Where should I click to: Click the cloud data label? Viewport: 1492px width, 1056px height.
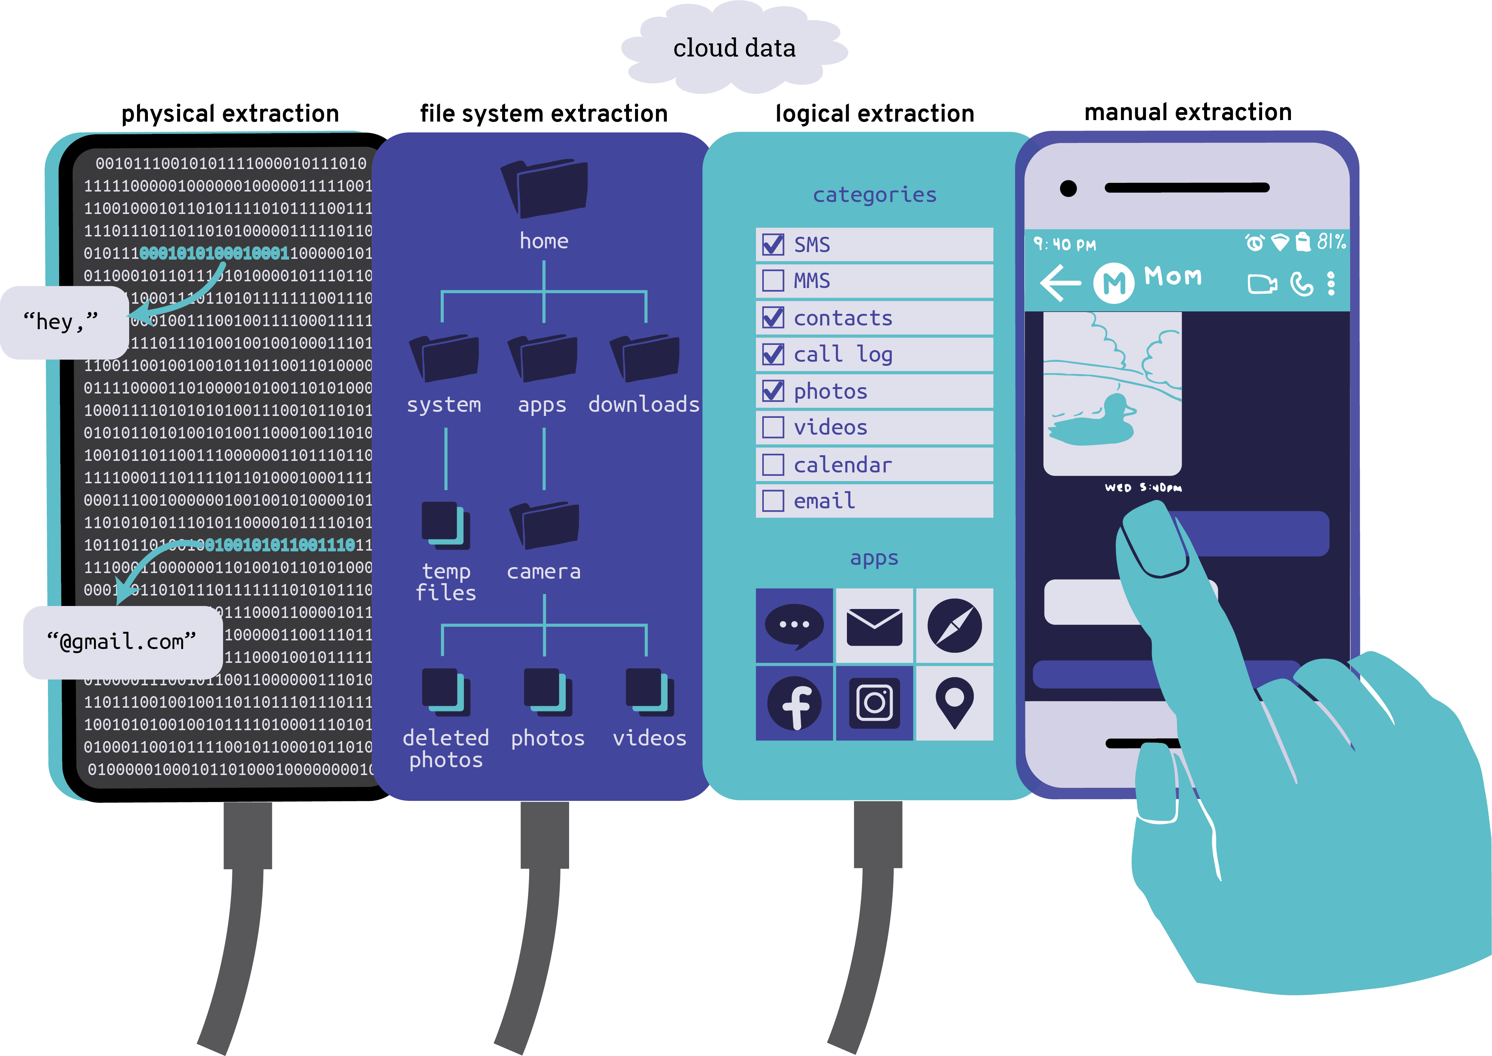[x=734, y=48]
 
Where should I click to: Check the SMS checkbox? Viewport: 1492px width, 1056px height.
[x=773, y=245]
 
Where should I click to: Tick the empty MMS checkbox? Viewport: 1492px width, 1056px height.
[x=773, y=281]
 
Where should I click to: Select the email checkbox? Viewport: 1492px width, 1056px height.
[x=773, y=501]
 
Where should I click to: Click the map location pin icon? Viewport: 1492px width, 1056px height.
[x=954, y=702]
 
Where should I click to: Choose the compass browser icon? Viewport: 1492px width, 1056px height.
[x=954, y=625]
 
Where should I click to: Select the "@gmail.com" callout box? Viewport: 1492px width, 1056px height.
[x=122, y=642]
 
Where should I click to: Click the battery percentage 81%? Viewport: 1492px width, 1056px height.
[x=1331, y=242]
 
